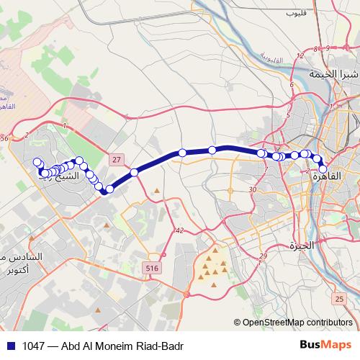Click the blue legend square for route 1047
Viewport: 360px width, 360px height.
[x=8, y=346]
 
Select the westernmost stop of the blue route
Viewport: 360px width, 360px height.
[x=39, y=163]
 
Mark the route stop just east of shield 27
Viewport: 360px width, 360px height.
[x=135, y=172]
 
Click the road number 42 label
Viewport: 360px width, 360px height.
[x=179, y=230]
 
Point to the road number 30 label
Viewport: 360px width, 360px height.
[x=252, y=189]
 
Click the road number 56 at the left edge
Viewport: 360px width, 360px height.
[x=5, y=138]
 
